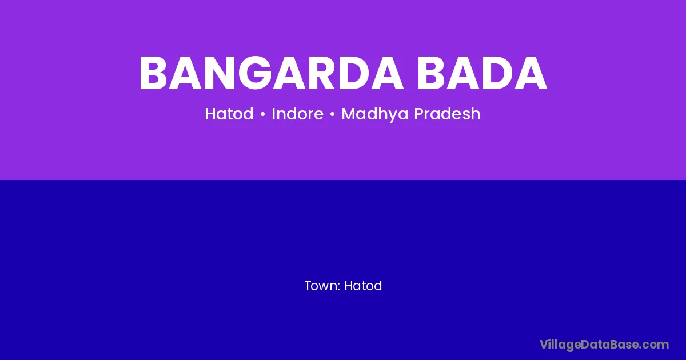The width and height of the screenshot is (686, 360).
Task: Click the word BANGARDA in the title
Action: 271,74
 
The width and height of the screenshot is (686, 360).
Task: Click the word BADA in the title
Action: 482,74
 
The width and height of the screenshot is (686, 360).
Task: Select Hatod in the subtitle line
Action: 229,114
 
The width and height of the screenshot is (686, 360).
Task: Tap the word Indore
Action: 297,114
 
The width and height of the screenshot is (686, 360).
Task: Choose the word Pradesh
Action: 448,114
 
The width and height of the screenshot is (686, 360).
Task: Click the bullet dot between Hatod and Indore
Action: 262,114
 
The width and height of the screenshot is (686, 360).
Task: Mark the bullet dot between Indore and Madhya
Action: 332,114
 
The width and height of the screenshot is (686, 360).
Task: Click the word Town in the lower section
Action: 321,286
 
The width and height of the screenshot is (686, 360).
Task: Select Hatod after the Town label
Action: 363,286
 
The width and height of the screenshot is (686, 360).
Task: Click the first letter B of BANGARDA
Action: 153,74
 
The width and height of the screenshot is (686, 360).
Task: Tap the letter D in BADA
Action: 496,74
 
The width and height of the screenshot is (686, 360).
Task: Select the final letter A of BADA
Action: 530,74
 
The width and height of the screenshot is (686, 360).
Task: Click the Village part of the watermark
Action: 560,345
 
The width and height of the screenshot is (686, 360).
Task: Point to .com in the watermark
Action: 655,345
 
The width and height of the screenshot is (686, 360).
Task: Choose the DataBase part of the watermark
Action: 611,345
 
